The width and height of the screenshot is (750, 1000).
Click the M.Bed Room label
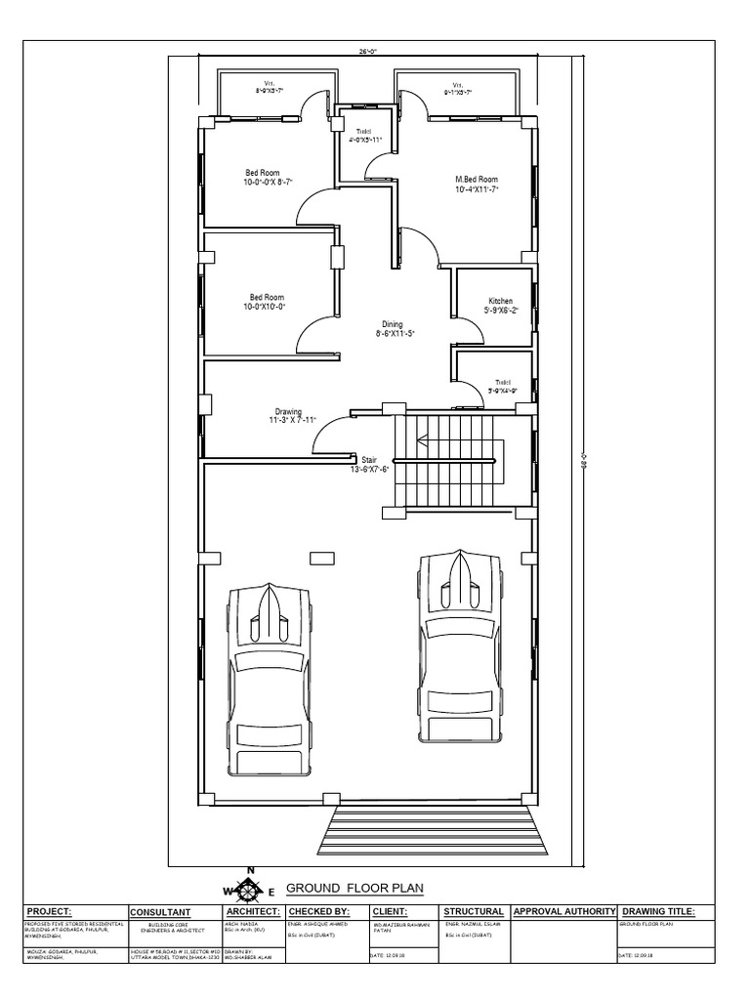coord(477,180)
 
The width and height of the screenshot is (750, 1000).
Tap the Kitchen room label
coord(501,302)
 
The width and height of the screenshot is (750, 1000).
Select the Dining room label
coord(392,324)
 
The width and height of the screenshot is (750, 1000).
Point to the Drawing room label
coord(288,412)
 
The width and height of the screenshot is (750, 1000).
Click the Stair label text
coord(369,458)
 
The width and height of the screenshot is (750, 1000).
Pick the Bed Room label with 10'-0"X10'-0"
coord(267,297)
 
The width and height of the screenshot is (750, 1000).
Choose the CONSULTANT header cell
coord(161,912)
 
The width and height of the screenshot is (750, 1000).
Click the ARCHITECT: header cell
coord(253,911)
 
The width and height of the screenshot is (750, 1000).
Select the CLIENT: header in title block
coord(396,911)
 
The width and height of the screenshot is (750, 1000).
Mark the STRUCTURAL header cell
coord(474,911)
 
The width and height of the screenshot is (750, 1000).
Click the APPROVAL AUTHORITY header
coord(563,911)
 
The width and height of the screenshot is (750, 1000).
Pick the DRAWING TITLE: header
coord(657,911)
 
